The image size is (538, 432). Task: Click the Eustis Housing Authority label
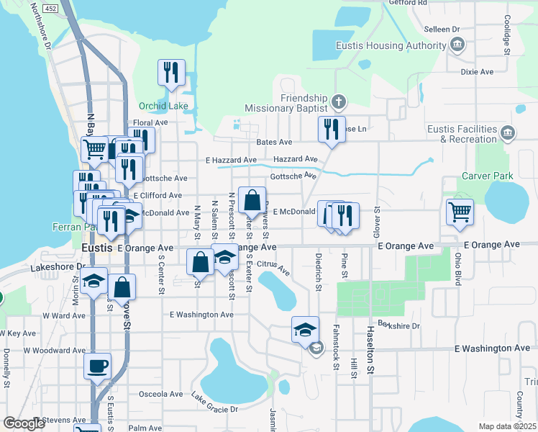pos(391,46)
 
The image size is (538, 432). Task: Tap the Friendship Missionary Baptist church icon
pos(339,100)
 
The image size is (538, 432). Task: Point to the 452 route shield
pos(50,8)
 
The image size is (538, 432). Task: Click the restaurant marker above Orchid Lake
pos(171,72)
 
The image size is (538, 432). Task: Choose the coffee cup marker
pos(97,366)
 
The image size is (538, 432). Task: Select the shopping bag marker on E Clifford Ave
pos(252,201)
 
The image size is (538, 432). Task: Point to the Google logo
pos(24,423)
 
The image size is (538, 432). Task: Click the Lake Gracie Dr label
pos(214,403)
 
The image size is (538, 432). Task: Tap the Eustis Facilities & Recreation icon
pos(508,132)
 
